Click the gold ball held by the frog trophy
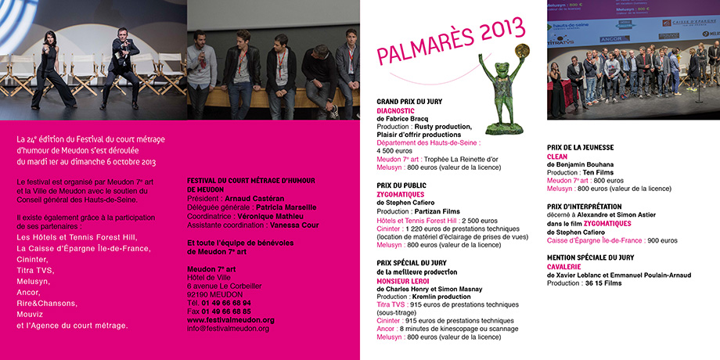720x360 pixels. click(521, 50)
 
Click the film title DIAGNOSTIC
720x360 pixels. click(395, 110)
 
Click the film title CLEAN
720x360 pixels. click(557, 157)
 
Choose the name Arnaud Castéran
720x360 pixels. click(251, 199)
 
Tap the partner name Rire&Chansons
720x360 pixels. click(47, 304)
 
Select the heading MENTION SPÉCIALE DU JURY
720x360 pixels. click(590, 257)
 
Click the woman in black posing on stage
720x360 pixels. click(52, 69)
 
